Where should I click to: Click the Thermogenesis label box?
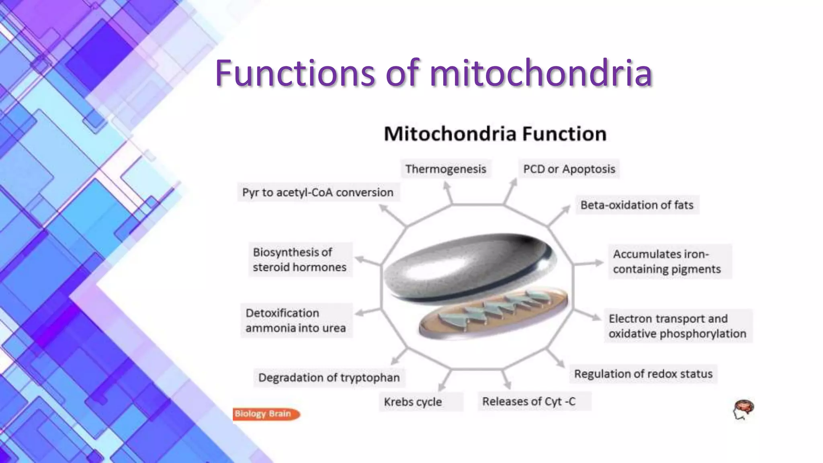click(x=445, y=169)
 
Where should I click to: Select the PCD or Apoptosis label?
click(x=569, y=169)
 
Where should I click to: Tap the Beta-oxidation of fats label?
click(x=637, y=205)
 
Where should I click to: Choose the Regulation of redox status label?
click(x=643, y=374)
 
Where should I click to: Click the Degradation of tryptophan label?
click(x=329, y=378)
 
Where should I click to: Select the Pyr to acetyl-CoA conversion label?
click(x=318, y=193)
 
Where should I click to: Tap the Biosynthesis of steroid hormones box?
click(x=300, y=260)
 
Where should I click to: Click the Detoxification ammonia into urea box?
click(x=296, y=320)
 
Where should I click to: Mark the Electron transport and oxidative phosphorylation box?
click(x=678, y=326)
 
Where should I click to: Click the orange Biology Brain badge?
click(x=265, y=414)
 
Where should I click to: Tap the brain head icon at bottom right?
click(x=743, y=410)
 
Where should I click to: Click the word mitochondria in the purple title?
click(x=540, y=73)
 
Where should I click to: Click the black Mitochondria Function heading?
click(x=495, y=134)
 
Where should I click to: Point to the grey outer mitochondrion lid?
click(x=462, y=265)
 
